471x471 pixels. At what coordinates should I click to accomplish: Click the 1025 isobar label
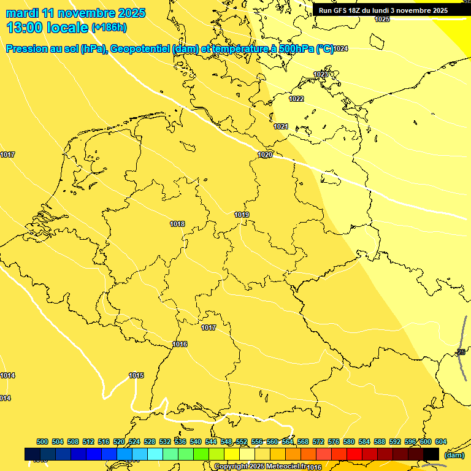pos(382,20)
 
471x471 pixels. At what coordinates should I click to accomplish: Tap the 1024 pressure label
pos(340,48)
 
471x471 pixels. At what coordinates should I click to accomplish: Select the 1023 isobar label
pos(321,74)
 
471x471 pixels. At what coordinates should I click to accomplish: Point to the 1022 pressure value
pos(296,99)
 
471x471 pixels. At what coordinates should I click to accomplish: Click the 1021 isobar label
pos(281,126)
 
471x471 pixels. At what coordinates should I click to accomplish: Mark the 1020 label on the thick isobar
pos(265,155)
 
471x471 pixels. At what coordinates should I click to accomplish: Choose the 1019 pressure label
pos(242,215)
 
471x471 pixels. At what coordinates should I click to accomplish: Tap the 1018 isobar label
pos(177,224)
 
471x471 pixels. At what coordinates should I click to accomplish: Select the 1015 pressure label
pos(136,375)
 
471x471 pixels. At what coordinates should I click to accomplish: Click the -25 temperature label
pos(461,352)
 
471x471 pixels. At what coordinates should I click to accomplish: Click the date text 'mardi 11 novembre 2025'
pos(75,13)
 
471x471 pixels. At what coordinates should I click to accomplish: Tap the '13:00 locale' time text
pos(47,28)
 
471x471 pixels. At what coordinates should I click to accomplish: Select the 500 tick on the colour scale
pos(42,442)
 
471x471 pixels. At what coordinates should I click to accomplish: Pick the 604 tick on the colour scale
pos(440,442)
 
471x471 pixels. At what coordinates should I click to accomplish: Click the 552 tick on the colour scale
pos(242,442)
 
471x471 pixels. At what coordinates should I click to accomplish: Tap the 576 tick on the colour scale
pos(334,442)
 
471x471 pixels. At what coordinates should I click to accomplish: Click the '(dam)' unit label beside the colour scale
pos(454,455)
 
